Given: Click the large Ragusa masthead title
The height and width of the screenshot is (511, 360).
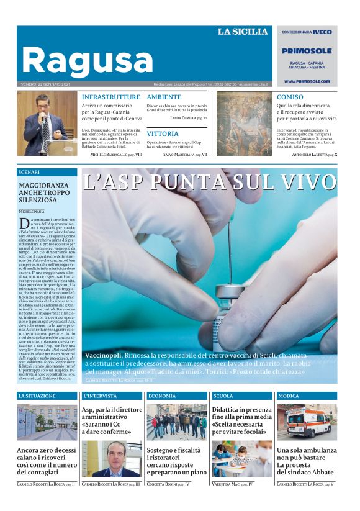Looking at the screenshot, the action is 87,61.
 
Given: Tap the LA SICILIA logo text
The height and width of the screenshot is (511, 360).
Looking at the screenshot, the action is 243,32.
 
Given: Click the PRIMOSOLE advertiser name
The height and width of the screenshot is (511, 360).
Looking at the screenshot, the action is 307,51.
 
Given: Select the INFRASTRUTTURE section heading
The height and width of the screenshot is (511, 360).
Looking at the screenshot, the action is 111,97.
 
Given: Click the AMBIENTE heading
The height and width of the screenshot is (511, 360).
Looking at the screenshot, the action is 164,97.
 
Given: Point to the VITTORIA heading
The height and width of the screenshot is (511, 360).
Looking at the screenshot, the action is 163,133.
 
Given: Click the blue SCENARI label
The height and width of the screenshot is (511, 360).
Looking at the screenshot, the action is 29,171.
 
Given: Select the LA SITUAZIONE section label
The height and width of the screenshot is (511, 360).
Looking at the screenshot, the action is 37,396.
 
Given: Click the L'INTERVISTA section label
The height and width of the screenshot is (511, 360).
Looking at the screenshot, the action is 99,396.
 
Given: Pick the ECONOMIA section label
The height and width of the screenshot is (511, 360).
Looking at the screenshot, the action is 162,396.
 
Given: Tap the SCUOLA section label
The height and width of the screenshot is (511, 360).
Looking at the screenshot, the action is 223,396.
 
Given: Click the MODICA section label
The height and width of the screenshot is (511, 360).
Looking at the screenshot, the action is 288,396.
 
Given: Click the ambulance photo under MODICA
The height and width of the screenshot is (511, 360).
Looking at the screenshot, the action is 307,422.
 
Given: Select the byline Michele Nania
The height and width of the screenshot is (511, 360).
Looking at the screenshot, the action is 32,212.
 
